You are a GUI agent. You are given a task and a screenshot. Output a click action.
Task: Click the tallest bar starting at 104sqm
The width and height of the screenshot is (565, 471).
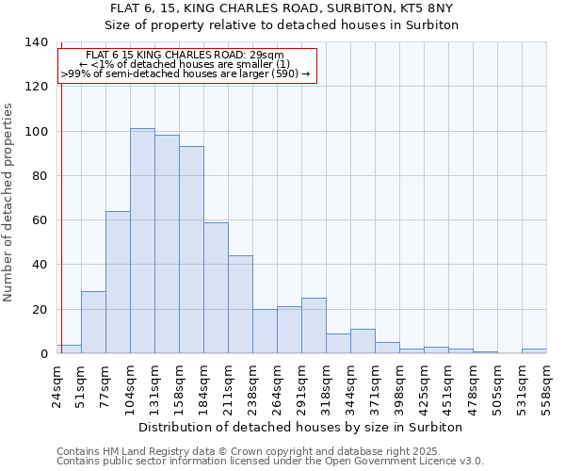click(x=142, y=241)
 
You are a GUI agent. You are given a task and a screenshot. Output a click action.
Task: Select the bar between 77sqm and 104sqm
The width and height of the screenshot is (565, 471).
click(x=118, y=283)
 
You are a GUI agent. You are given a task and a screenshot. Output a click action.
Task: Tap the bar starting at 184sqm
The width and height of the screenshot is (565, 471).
click(x=216, y=288)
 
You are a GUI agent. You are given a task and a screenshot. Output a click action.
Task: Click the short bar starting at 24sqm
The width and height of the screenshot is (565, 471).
click(x=69, y=349)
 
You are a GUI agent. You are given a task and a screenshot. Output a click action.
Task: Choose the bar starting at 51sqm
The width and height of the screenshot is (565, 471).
click(x=93, y=322)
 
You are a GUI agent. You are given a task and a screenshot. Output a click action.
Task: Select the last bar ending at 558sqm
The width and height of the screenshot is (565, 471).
click(x=534, y=350)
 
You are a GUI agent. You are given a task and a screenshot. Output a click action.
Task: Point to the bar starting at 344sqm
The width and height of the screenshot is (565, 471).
click(x=363, y=341)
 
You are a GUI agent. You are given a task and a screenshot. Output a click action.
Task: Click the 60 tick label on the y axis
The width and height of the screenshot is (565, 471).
click(x=40, y=220)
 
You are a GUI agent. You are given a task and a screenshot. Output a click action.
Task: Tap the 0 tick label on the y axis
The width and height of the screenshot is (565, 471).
click(x=43, y=354)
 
